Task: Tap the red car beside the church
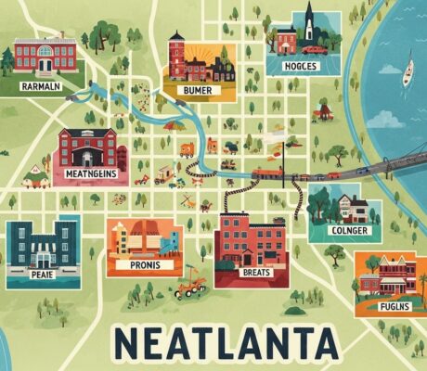tap(314, 49)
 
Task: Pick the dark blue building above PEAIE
tap(41, 242)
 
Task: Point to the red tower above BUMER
tap(175, 52)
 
